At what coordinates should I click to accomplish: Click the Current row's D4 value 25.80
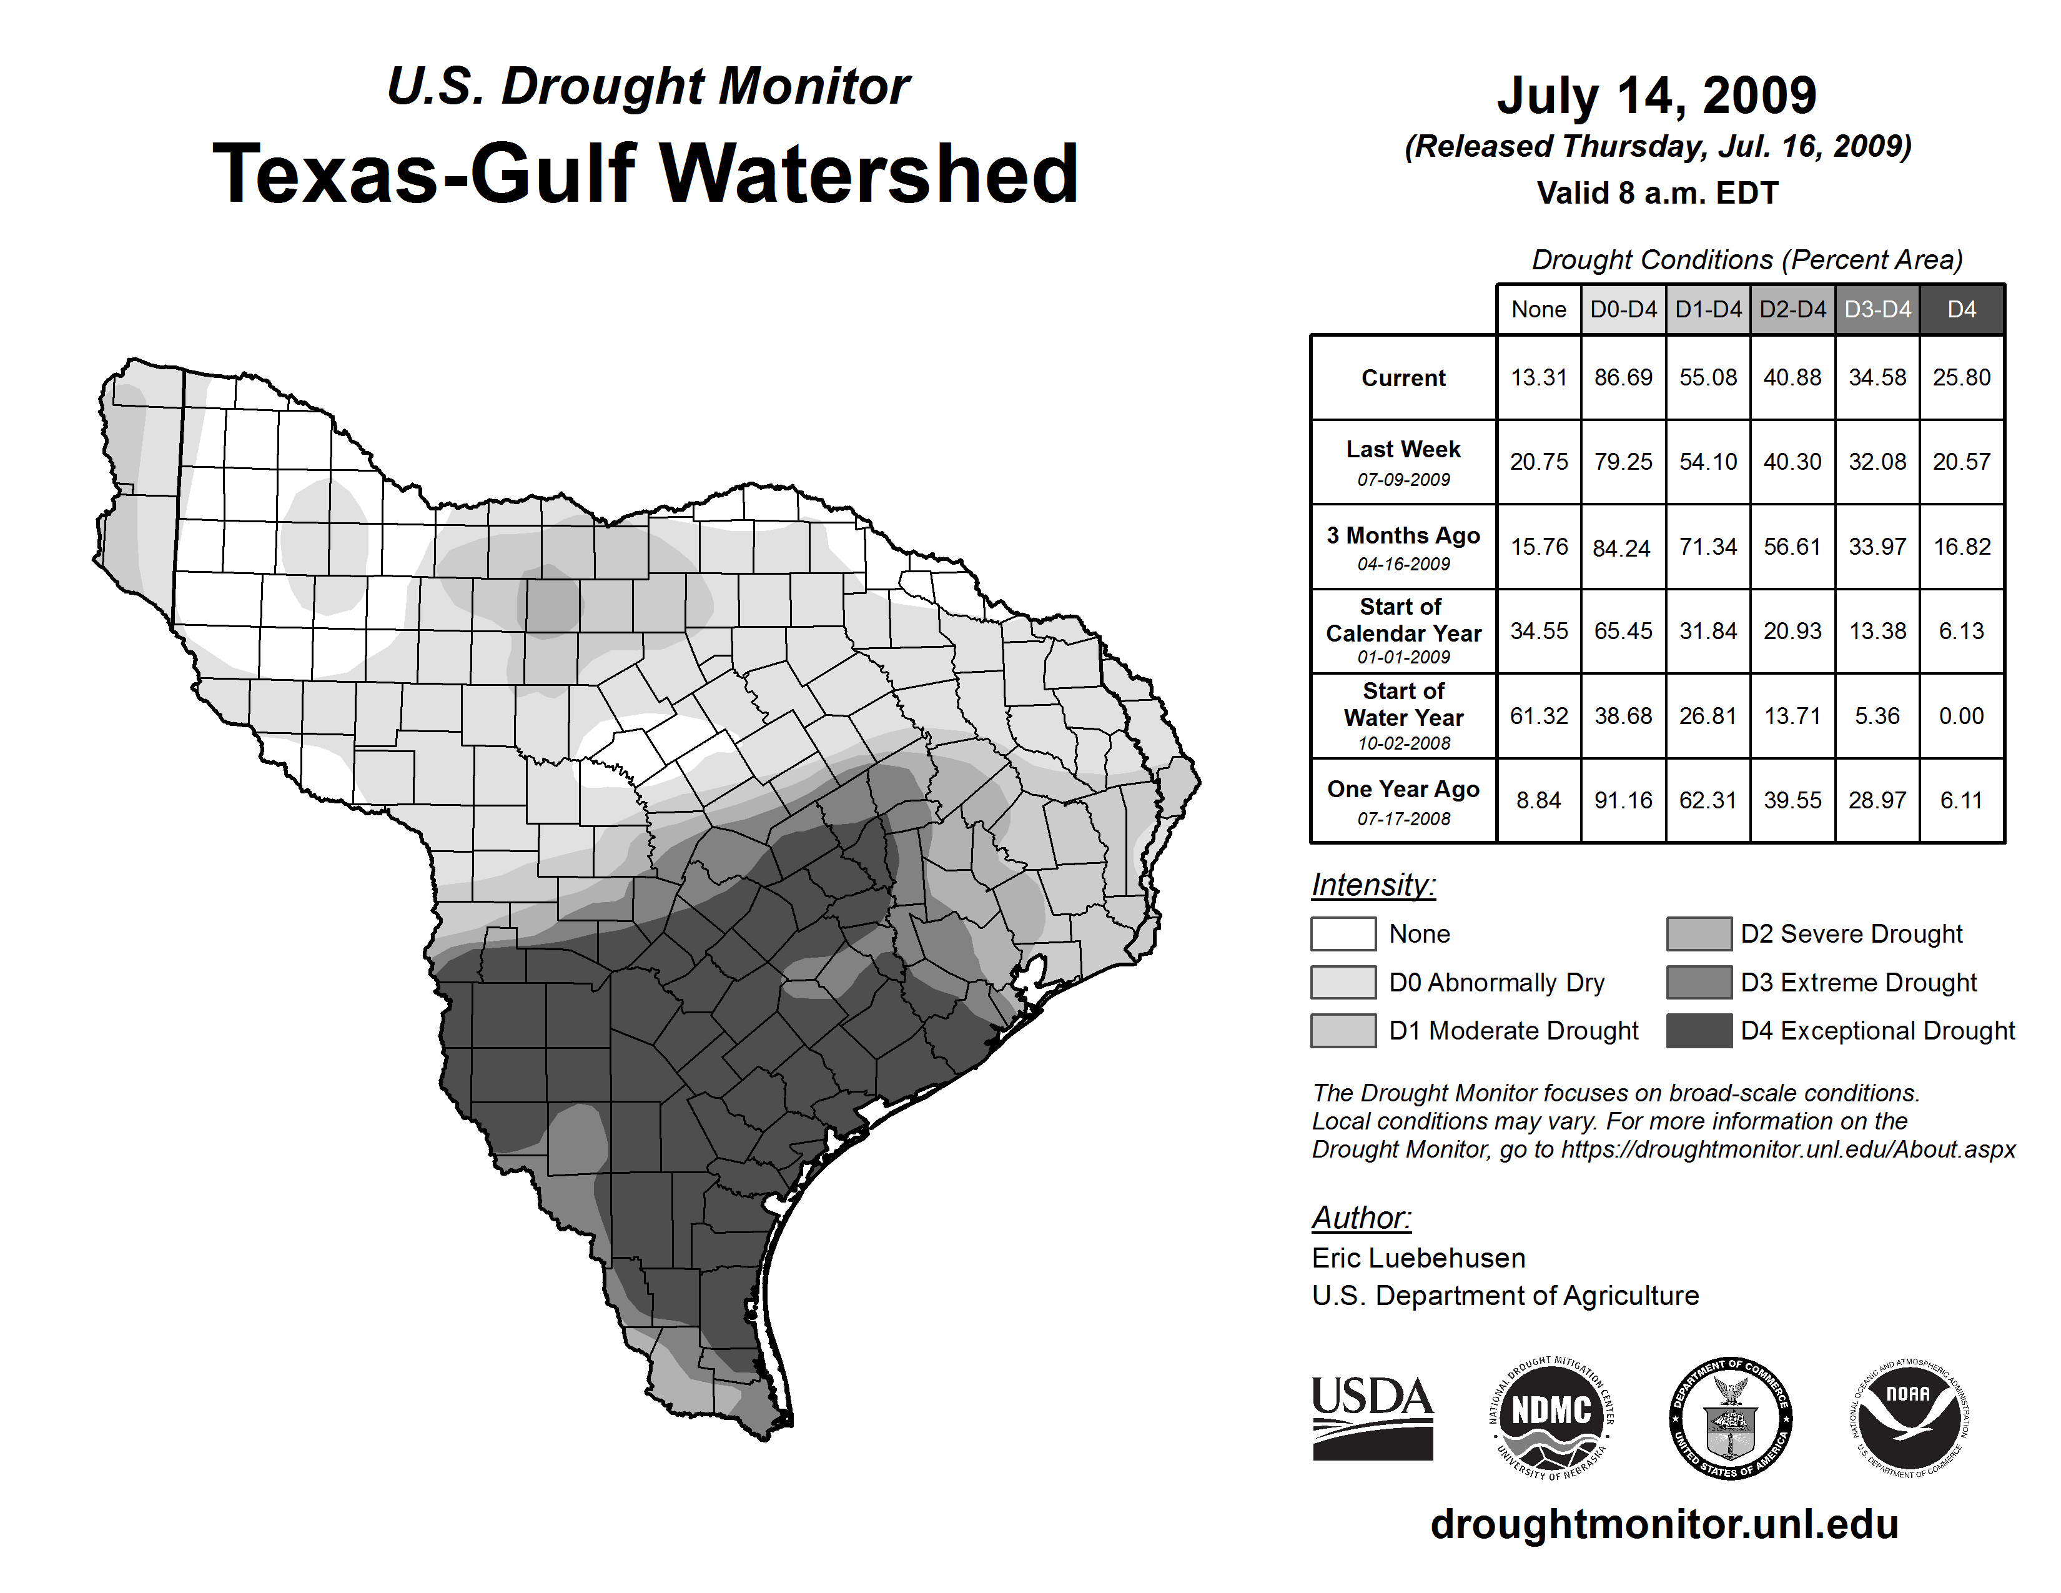tap(1961, 377)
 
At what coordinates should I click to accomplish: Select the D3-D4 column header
tap(1877, 309)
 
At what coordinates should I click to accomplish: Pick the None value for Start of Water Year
tap(1538, 717)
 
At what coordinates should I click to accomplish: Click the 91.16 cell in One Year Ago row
tap(1623, 800)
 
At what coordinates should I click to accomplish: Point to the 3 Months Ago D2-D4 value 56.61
tap(1792, 547)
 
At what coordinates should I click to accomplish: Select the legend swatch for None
tap(1343, 933)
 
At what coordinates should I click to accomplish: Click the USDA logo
tap(1372, 1417)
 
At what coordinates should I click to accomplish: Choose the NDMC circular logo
tap(1551, 1417)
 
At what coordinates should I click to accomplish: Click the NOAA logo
tap(1908, 1417)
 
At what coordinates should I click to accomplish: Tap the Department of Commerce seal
tap(1731, 1417)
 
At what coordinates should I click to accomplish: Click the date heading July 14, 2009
tap(1656, 96)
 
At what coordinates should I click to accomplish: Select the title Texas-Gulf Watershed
tap(646, 174)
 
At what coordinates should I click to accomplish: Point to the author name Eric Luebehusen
tap(1418, 1258)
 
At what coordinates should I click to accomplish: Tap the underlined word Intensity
tap(1373, 885)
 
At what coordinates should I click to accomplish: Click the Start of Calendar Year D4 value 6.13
tap(1961, 632)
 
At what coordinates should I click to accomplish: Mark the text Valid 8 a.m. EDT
tap(1657, 194)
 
